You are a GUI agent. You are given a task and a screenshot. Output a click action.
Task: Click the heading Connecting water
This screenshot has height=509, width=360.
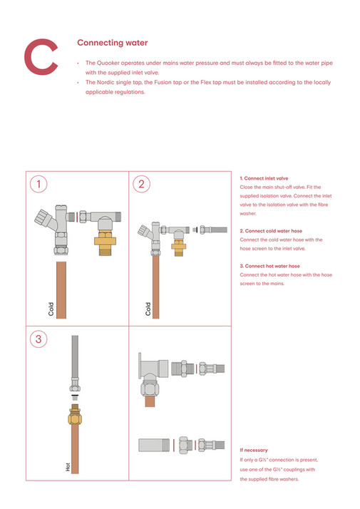pos(112,43)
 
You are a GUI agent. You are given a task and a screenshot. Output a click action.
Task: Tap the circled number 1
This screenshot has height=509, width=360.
pos(39,185)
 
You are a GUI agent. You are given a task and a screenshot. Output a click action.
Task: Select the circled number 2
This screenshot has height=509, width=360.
pos(142,185)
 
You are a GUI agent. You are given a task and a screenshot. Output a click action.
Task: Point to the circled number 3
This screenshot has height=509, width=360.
pos(39,339)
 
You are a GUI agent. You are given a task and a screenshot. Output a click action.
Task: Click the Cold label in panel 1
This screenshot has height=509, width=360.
pos(51,308)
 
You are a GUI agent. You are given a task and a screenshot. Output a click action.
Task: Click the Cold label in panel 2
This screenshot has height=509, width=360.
pos(148,309)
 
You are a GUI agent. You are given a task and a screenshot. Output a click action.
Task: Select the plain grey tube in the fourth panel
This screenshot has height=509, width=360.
pos(153,445)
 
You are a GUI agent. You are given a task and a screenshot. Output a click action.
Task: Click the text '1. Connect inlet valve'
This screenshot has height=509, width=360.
pos(264,178)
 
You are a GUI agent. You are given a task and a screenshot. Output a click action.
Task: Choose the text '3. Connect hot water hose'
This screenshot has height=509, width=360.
pos(269,266)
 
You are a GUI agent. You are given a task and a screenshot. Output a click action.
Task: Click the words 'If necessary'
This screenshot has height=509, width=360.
pos(254,451)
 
